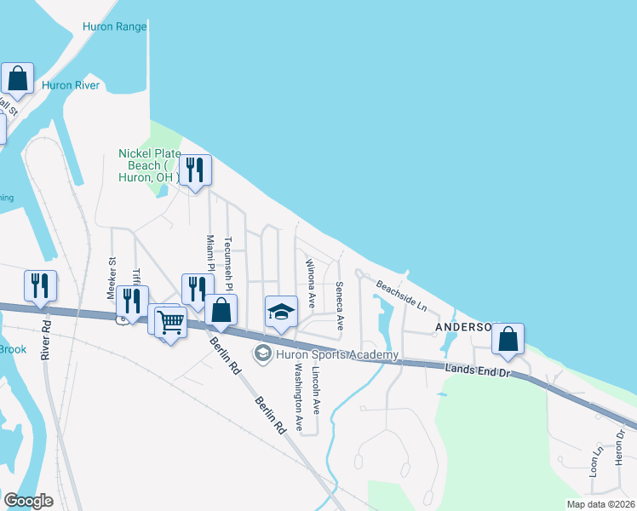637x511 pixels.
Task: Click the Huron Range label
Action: pos(114,26)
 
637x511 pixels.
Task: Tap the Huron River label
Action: pos(71,85)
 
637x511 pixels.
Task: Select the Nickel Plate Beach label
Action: pos(149,165)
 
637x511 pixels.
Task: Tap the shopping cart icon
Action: pos(171,323)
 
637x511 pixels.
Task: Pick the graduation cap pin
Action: pos(280,312)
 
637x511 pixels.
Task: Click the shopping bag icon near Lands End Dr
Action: pos(508,339)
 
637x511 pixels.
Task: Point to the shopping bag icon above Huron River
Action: pos(17,78)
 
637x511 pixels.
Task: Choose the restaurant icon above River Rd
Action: pos(40,286)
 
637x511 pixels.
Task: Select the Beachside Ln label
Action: pos(401,296)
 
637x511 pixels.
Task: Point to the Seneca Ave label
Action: pos(339,306)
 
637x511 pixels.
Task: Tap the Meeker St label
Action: pos(111,277)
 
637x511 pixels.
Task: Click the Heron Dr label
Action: pos(621,446)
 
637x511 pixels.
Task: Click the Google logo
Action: pos(28,501)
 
